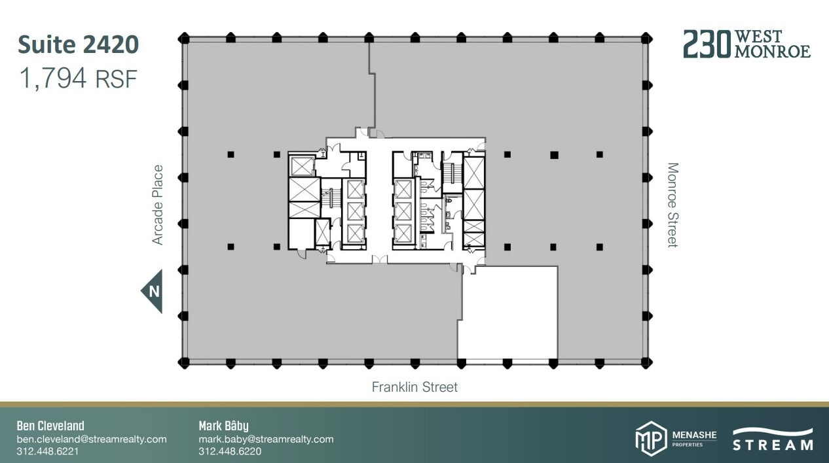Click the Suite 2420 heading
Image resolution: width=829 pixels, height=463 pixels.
[78, 45]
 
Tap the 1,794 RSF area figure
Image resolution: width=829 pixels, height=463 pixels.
[78, 79]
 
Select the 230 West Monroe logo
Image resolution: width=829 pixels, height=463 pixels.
[746, 44]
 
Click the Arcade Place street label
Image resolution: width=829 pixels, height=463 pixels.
[158, 205]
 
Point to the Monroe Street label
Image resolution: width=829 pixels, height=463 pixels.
[672, 205]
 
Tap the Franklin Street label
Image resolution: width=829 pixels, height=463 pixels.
[414, 387]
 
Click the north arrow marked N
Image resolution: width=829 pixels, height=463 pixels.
[153, 292]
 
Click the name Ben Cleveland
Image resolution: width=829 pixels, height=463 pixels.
[50, 426]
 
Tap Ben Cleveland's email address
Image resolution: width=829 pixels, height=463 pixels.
[92, 439]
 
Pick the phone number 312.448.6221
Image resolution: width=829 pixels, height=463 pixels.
[47, 451]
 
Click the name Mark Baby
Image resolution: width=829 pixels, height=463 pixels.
[223, 426]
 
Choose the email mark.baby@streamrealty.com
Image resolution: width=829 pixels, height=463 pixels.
[266, 439]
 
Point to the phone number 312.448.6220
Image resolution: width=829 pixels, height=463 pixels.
[230, 451]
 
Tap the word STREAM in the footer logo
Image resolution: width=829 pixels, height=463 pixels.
[773, 445]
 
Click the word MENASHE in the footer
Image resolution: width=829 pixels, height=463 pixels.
[695, 434]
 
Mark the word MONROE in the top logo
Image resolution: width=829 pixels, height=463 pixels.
[772, 52]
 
